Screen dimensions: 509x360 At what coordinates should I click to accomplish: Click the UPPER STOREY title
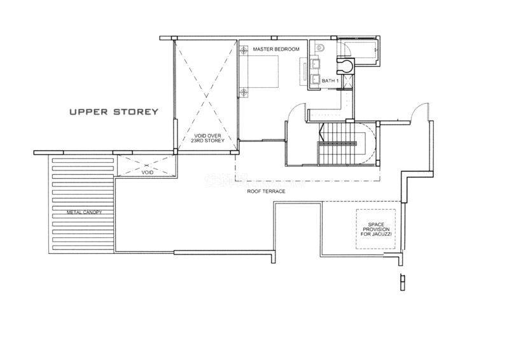click(114, 112)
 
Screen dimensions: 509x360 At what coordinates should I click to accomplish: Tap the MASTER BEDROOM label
click(276, 50)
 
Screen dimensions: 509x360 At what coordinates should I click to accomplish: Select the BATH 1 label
click(330, 81)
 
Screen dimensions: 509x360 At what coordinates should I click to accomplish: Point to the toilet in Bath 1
click(320, 48)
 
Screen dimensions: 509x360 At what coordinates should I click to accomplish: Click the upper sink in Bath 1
click(315, 63)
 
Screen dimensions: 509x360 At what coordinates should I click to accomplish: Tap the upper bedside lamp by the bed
click(244, 51)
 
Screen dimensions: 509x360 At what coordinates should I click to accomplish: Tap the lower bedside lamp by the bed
click(244, 92)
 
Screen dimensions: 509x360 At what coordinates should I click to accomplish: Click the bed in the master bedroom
click(263, 71)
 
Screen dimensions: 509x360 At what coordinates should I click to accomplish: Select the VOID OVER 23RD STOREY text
click(207, 138)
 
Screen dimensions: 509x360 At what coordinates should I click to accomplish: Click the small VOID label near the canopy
click(147, 173)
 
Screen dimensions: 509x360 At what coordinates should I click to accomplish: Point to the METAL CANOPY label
click(84, 212)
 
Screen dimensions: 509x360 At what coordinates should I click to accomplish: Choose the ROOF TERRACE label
click(266, 191)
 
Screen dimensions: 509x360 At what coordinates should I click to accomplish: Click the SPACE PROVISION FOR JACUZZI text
click(376, 229)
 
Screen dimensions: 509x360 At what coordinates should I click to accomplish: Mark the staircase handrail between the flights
click(337, 144)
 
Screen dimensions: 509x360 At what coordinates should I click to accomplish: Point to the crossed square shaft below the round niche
click(348, 81)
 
